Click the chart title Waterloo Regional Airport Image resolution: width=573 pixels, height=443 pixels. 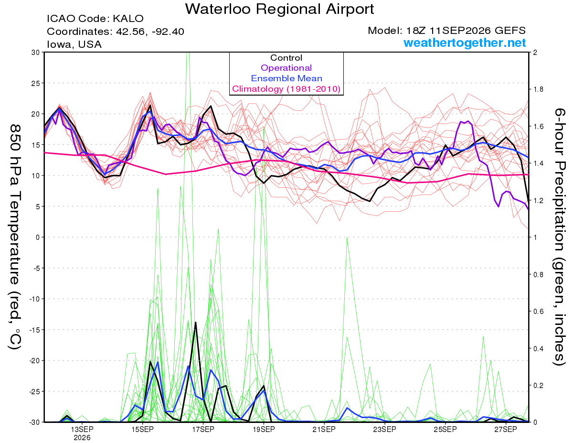point(279,9)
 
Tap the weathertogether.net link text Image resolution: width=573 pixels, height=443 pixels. point(465,43)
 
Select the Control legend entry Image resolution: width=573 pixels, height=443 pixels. point(286,58)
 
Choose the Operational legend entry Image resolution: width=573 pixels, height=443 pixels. point(286,68)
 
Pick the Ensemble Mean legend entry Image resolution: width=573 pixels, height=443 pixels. point(286,78)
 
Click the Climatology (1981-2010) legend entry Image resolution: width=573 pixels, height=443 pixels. point(286,89)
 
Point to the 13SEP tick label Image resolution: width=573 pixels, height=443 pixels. point(82,430)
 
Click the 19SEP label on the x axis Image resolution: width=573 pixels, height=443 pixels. point(264,430)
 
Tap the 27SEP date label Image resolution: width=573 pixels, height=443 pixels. point(506,430)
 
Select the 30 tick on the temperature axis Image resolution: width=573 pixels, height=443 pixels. point(36,53)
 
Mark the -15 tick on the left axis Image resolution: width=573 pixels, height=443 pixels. point(34,330)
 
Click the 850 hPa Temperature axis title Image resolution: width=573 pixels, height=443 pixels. point(15,237)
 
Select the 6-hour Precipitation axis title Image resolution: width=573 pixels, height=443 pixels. point(560,237)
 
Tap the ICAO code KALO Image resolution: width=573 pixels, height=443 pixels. point(128,19)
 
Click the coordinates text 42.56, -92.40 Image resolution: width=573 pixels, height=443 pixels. point(150,32)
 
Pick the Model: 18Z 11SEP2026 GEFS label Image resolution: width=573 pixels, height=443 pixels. point(446,31)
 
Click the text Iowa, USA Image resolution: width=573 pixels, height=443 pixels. point(74,44)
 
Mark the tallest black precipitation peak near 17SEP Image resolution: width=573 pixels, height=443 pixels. point(196,322)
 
